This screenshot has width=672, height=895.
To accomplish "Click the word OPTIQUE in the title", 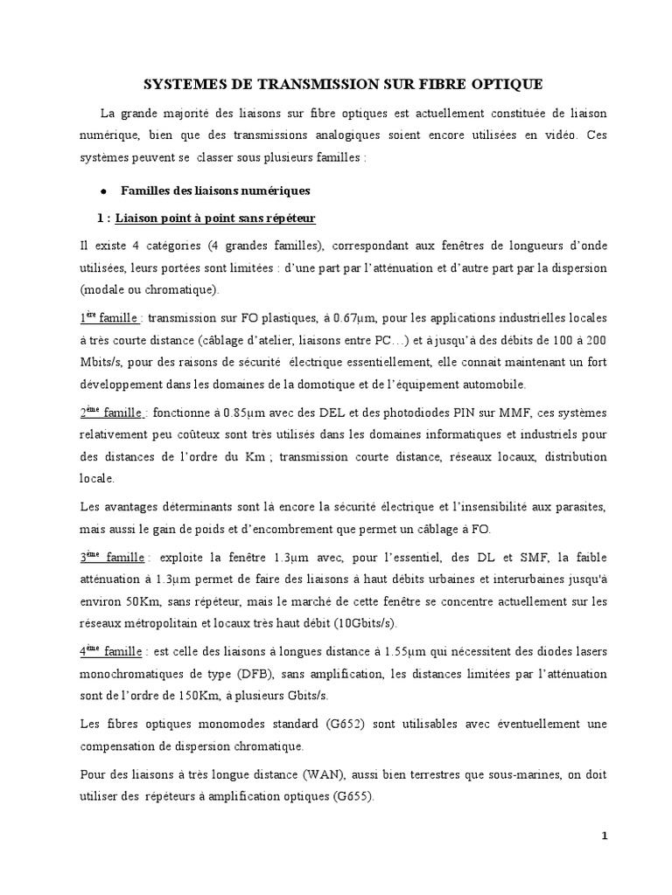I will [506, 84].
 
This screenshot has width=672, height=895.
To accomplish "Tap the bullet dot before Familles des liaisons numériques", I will [103, 191].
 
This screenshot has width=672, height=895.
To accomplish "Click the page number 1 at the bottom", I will [605, 836].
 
